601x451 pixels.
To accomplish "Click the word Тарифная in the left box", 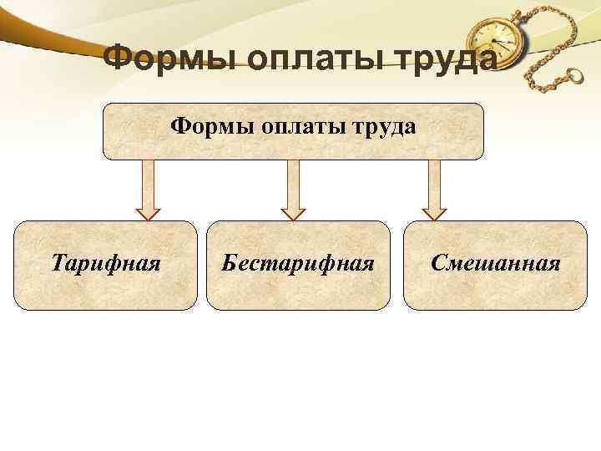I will [105, 265].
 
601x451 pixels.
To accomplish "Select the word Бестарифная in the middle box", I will [297, 265].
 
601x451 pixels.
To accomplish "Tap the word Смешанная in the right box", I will [495, 265].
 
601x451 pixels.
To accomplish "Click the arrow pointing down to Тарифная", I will [148, 188].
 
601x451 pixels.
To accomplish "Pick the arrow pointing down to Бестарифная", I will [292, 188].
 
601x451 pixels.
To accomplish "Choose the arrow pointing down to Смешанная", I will [433, 188].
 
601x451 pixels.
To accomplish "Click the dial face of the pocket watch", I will [492, 42].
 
